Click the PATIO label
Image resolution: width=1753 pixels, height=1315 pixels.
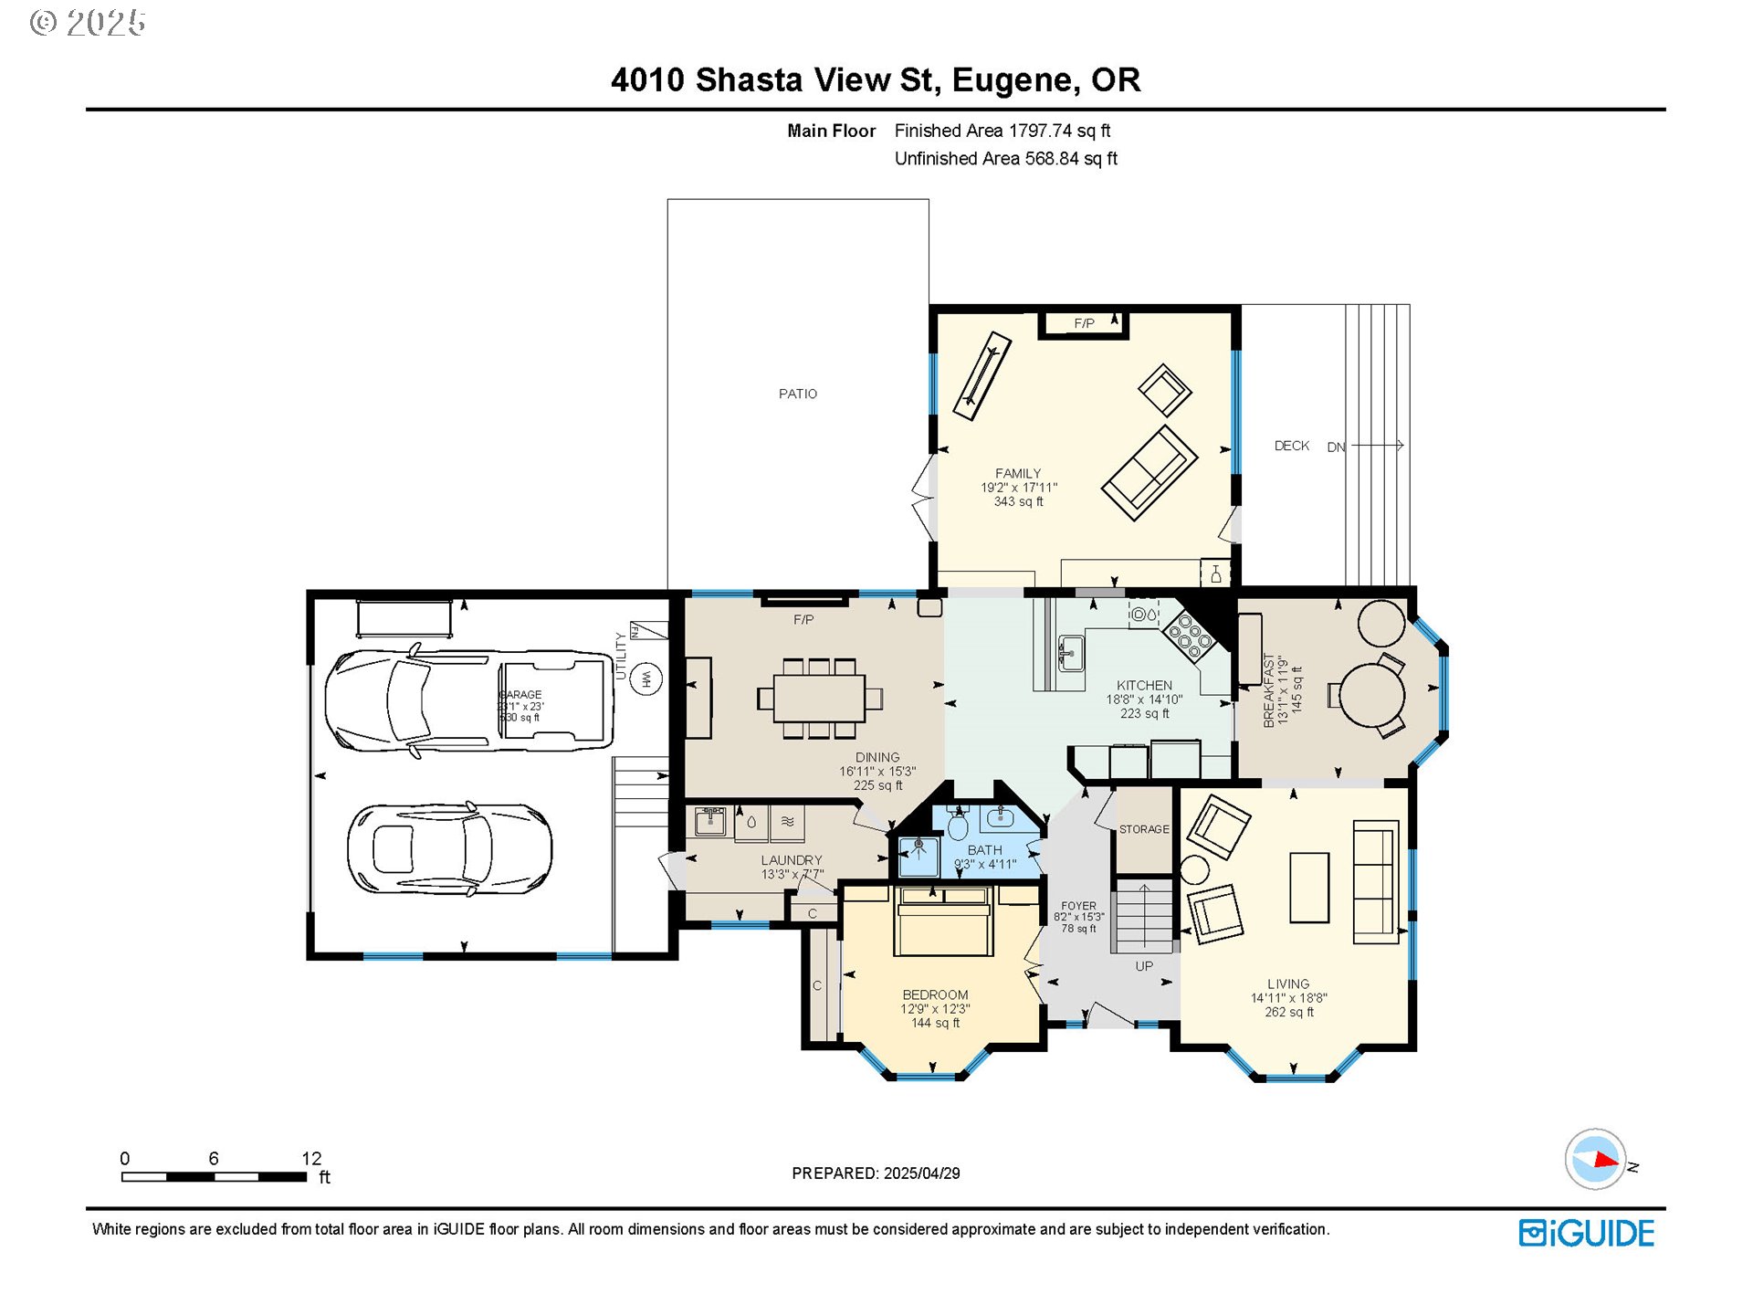pyautogui.click(x=797, y=394)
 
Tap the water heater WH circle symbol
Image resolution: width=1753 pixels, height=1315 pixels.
pyautogui.click(x=646, y=679)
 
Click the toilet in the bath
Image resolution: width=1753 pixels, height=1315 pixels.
pyautogui.click(x=957, y=826)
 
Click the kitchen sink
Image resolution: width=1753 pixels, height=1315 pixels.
pyautogui.click(x=1070, y=652)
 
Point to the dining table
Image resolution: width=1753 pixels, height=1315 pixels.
pyautogui.click(x=819, y=698)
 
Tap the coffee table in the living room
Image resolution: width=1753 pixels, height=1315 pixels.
pyautogui.click(x=1308, y=887)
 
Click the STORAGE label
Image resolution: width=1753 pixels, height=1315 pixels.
pyautogui.click(x=1143, y=829)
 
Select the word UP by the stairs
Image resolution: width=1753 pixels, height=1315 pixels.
pyautogui.click(x=1144, y=966)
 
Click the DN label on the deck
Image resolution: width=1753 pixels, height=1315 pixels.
pyautogui.click(x=1336, y=447)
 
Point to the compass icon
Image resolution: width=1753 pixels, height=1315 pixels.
pyautogui.click(x=1595, y=1159)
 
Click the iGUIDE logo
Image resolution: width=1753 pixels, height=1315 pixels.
pyautogui.click(x=1586, y=1233)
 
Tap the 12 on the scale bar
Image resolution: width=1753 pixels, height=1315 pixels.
pyautogui.click(x=311, y=1158)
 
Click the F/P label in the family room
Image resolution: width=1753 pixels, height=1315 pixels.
pyautogui.click(x=1084, y=323)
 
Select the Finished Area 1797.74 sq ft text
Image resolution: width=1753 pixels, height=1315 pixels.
pyautogui.click(x=1002, y=131)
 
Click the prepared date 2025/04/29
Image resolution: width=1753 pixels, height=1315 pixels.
pyautogui.click(x=921, y=1173)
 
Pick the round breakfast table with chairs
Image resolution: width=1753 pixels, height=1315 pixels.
pyautogui.click(x=1372, y=694)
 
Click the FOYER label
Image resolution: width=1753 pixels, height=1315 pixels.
pyautogui.click(x=1078, y=906)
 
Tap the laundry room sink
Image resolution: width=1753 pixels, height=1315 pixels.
pyautogui.click(x=709, y=821)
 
